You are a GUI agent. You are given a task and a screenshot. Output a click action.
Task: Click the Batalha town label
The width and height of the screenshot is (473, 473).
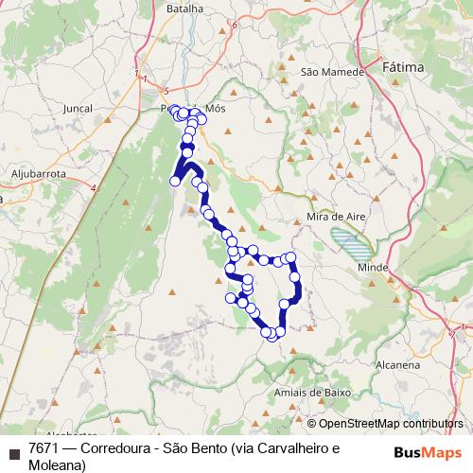184,9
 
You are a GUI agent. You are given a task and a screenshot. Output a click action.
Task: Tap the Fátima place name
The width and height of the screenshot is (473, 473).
403,68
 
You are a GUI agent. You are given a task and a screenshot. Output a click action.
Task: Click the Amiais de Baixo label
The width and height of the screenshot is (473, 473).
311,392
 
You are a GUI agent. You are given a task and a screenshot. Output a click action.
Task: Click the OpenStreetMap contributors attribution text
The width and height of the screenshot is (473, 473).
391,423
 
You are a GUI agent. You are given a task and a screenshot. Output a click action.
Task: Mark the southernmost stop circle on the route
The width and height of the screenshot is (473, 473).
272,335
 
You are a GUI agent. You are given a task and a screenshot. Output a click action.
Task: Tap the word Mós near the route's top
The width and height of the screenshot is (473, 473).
216,109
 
